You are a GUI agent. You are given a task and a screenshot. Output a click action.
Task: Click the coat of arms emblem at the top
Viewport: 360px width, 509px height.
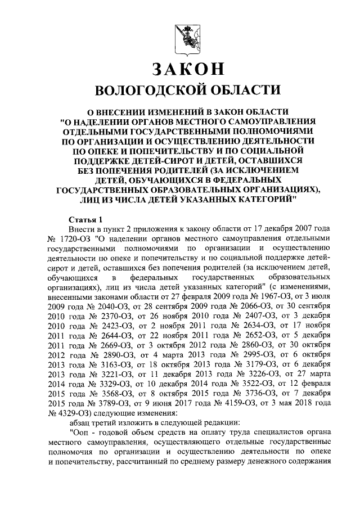tap(183, 34)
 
